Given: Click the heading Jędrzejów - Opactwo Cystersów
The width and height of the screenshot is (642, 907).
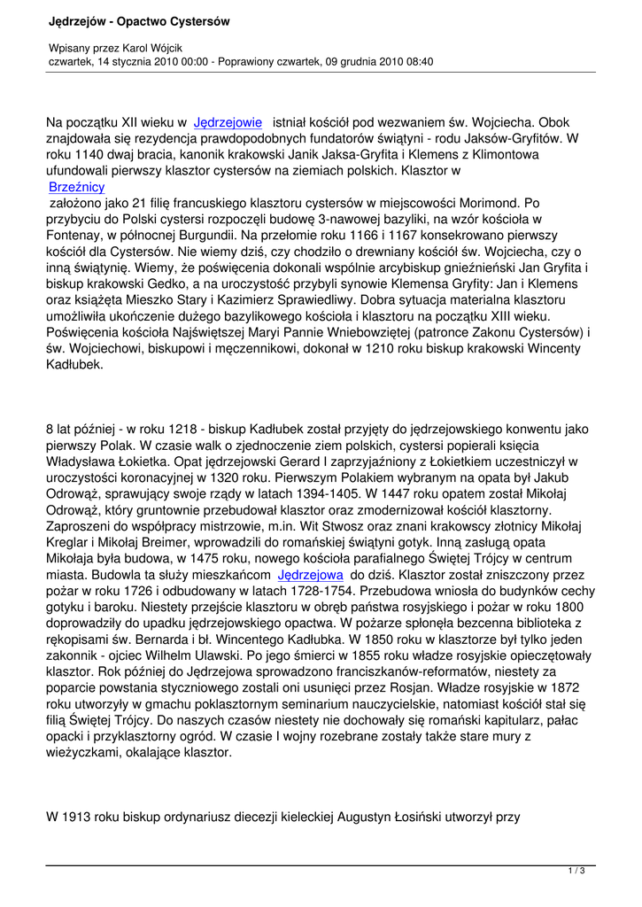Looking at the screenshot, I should pos(128,20).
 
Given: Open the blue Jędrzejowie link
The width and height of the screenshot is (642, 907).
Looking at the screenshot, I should pos(228,123).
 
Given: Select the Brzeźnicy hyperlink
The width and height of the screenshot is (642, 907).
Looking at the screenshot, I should pos(77,187).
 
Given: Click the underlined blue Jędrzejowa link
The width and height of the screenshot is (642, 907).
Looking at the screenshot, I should pos(310,574).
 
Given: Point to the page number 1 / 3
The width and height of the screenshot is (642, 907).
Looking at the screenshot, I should pos(576,872).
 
